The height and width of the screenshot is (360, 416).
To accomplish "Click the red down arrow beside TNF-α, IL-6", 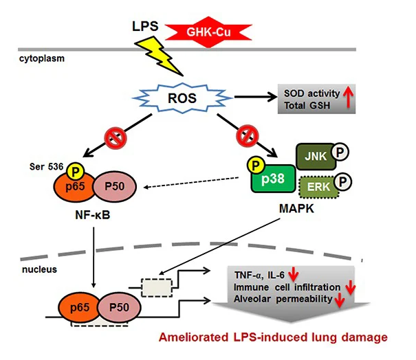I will pyautogui.click(x=293, y=274).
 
